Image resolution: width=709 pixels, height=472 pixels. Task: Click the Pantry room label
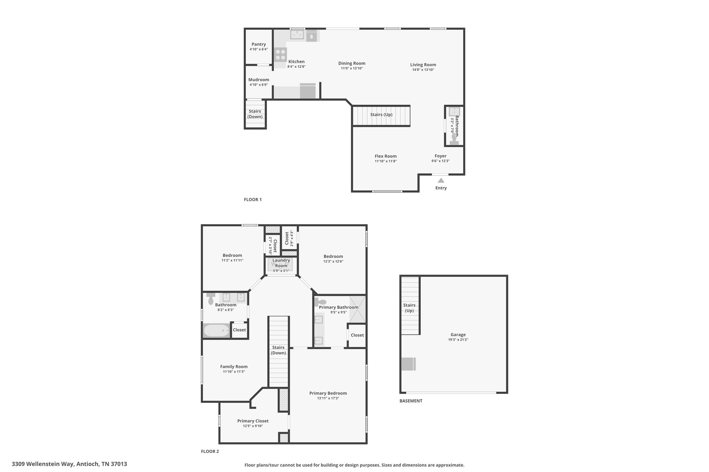tap(259, 44)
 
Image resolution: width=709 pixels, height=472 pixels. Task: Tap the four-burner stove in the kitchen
tap(280, 55)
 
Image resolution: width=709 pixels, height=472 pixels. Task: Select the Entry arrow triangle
tap(441, 180)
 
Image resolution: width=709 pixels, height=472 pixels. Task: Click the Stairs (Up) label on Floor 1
tap(381, 114)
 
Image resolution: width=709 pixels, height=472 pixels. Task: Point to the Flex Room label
tap(386, 156)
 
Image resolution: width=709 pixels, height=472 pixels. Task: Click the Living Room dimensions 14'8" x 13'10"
tap(423, 70)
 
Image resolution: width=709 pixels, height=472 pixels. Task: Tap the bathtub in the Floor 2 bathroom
tap(216, 331)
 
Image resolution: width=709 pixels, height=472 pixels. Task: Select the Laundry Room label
tap(281, 263)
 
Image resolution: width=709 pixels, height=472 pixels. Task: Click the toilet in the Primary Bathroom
tap(321, 302)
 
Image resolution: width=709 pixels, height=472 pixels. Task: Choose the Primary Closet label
tap(253, 421)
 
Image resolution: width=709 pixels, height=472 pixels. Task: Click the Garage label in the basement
tap(458, 334)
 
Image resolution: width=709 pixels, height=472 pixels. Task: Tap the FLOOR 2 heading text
tap(210, 451)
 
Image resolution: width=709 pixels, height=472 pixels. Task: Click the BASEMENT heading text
tap(411, 401)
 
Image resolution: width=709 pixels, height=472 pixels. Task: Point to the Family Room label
tap(234, 367)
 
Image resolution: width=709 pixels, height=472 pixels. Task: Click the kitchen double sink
tap(297, 35)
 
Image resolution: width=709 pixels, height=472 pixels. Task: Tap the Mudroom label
tap(259, 80)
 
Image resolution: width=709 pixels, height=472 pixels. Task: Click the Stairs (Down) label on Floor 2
tap(278, 350)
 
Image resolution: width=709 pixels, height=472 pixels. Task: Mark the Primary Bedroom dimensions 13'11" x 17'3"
tap(328, 398)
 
